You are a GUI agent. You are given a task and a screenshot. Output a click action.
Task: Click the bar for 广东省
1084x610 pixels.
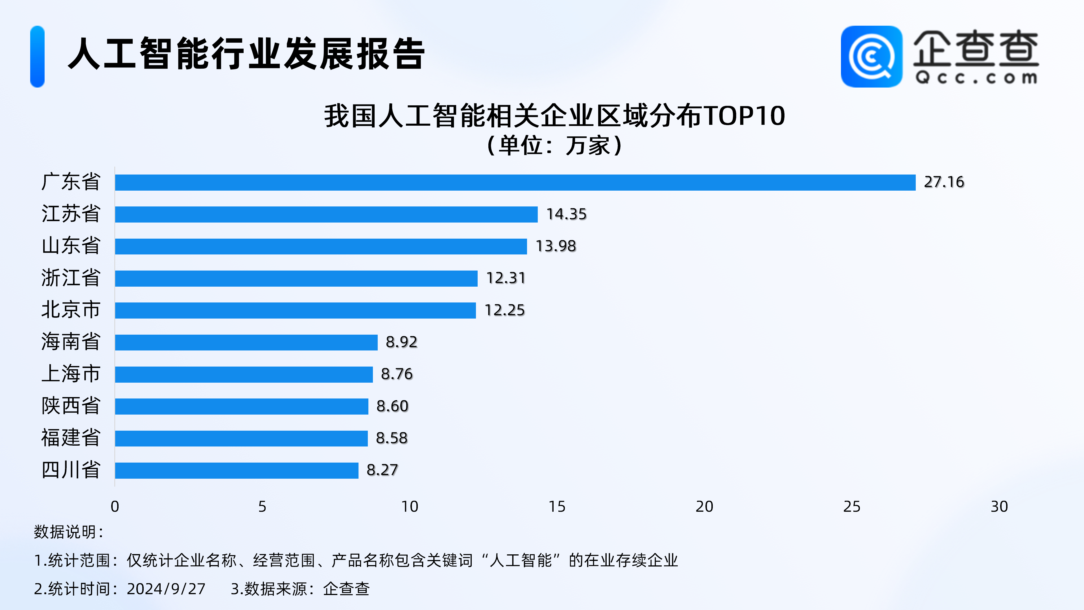pyautogui.click(x=515, y=182)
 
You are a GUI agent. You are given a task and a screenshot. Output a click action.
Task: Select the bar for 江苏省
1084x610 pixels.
pyautogui.click(x=326, y=214)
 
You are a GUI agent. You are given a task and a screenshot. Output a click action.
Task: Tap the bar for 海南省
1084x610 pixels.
pyautogui.click(x=246, y=342)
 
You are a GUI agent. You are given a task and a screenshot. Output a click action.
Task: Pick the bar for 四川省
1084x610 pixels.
pyautogui.click(x=237, y=470)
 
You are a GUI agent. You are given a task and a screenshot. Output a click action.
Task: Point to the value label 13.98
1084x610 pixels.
pyautogui.click(x=556, y=246)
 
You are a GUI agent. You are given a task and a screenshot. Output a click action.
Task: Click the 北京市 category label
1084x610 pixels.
pyautogui.click(x=71, y=310)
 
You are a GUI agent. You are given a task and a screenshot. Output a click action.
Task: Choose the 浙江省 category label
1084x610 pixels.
pyautogui.click(x=71, y=278)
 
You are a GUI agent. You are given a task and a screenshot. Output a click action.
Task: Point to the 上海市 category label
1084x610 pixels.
pyautogui.click(x=71, y=374)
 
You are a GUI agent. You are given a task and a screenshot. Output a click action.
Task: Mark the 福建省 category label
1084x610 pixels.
pyautogui.click(x=71, y=438)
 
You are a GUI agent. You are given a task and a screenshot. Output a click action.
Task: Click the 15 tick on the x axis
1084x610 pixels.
pyautogui.click(x=557, y=506)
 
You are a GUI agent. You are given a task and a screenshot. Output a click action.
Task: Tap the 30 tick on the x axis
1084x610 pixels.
pyautogui.click(x=999, y=506)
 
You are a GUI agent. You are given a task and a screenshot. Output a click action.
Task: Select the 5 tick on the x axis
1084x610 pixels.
pyautogui.click(x=262, y=506)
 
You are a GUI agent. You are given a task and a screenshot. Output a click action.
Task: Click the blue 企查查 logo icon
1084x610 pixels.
pyautogui.click(x=871, y=56)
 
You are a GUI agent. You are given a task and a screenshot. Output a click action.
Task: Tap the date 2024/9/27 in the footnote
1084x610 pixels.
pyautogui.click(x=166, y=589)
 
